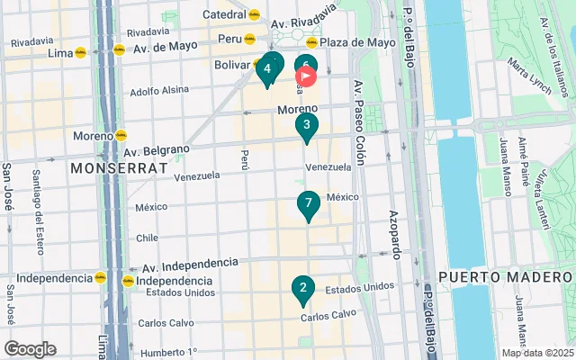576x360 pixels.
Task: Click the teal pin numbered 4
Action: pyautogui.click(x=267, y=68)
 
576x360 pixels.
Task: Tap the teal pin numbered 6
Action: pyautogui.click(x=305, y=66)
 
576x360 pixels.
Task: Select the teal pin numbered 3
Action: pyautogui.click(x=307, y=125)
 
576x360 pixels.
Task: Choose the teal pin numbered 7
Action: pyautogui.click(x=309, y=203)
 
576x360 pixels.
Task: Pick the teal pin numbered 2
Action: pyautogui.click(x=303, y=289)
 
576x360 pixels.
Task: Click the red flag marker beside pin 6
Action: pyautogui.click(x=306, y=77)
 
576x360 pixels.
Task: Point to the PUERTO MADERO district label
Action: pyautogui.click(x=504, y=276)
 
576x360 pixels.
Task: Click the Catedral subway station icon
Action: pyautogui.click(x=254, y=14)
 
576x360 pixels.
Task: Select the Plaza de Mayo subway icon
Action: pyautogui.click(x=311, y=41)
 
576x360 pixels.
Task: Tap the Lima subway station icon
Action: pyautogui.click(x=81, y=53)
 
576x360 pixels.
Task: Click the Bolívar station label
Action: pyautogui.click(x=231, y=65)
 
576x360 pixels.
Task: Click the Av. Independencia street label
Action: pyautogui.click(x=190, y=264)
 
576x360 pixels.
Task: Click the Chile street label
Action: pyautogui.click(x=146, y=238)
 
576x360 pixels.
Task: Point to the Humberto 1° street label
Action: pyautogui.click(x=167, y=351)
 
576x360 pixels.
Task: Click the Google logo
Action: pyautogui.click(x=30, y=348)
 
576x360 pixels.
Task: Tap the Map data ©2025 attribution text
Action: pyautogui.click(x=536, y=353)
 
